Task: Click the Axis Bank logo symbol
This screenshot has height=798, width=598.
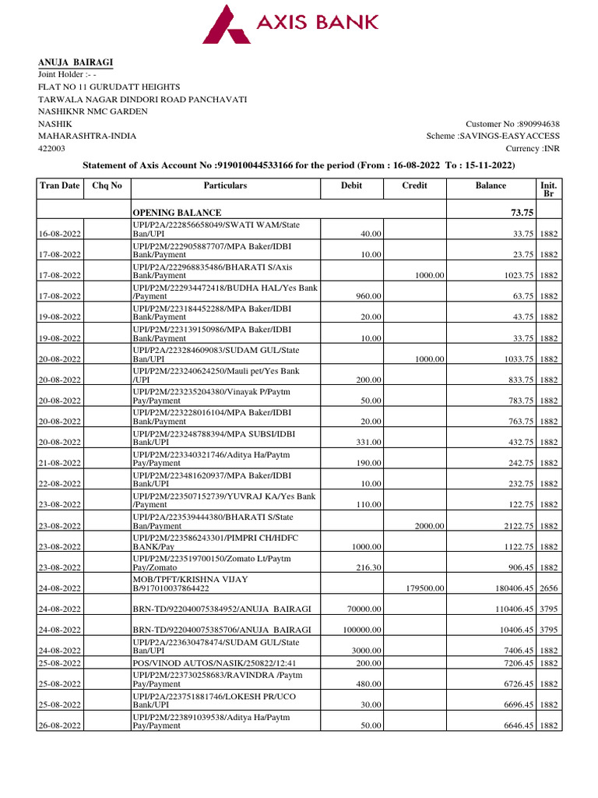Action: click(x=227, y=24)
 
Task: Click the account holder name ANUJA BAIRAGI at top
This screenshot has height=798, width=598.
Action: click(x=76, y=62)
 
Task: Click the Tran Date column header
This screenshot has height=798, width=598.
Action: click(x=60, y=185)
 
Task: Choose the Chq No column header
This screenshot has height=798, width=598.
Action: click(x=107, y=185)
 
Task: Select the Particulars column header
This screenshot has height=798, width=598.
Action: click(x=225, y=185)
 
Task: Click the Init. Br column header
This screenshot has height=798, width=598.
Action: click(x=547, y=190)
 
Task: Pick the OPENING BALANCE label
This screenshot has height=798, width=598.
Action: click(x=177, y=213)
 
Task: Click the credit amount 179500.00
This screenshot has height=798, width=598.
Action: click(x=426, y=589)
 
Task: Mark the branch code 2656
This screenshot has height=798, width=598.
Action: click(x=548, y=589)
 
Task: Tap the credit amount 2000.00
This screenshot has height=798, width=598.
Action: click(x=429, y=526)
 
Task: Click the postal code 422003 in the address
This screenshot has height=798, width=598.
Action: click(x=52, y=148)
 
